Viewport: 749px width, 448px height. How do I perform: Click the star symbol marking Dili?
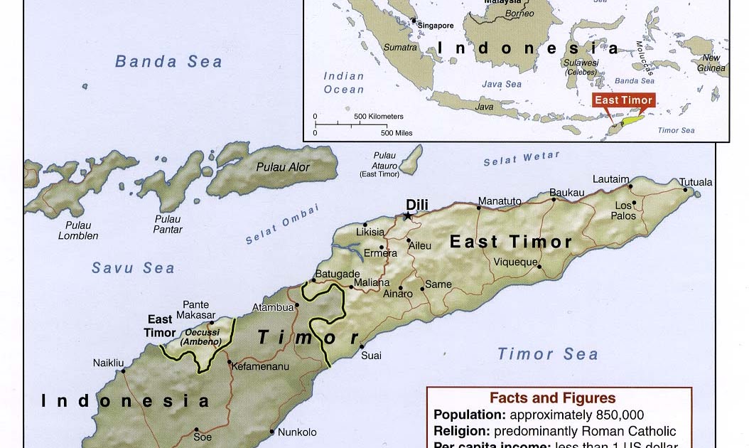tap(408, 215)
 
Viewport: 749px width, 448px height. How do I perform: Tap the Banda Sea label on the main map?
tap(168, 61)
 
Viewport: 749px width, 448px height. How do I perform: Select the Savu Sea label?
tap(133, 268)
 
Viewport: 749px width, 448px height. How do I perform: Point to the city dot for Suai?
tap(360, 346)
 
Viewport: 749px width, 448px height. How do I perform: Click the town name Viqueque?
tap(515, 262)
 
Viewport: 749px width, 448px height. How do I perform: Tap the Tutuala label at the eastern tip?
tap(696, 182)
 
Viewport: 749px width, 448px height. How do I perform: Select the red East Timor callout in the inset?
tap(623, 100)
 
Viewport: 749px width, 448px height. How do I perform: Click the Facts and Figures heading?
tap(552, 398)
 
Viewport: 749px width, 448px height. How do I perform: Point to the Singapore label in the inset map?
tap(435, 26)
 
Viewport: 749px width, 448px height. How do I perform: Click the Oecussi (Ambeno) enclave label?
tap(200, 336)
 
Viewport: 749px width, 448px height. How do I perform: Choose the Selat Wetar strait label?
tap(521, 159)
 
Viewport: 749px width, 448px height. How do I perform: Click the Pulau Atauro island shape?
tap(411, 159)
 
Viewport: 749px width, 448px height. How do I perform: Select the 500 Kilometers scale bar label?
tap(378, 117)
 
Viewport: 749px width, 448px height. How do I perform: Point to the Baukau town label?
tap(566, 192)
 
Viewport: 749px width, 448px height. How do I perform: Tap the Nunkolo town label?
tap(297, 432)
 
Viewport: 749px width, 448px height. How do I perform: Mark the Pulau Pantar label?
tap(168, 224)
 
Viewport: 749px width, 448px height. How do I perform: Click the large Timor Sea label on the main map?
tap(547, 353)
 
